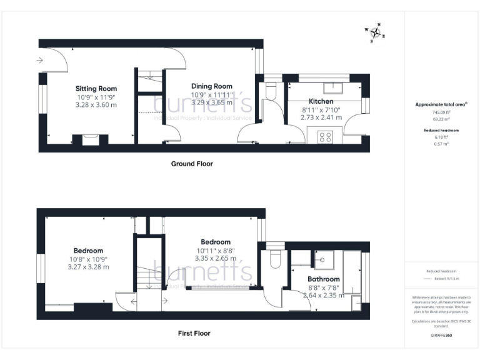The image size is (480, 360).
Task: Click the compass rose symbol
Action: pos(375,32)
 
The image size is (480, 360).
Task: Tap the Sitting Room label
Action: pos(96,89)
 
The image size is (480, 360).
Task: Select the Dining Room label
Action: pos(211,86)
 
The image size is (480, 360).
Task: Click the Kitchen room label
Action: pos(321,101)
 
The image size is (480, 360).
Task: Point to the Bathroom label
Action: pos(324,279)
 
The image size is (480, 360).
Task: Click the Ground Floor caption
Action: pos(192,164)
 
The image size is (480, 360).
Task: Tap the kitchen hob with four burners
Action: pos(325,136)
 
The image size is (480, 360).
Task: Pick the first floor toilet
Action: pos(274,258)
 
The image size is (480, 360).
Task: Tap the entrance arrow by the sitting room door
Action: pos(40,61)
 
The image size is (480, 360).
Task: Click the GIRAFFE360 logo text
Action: pos(441,336)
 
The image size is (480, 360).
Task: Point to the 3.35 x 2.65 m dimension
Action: pos(215,257)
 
